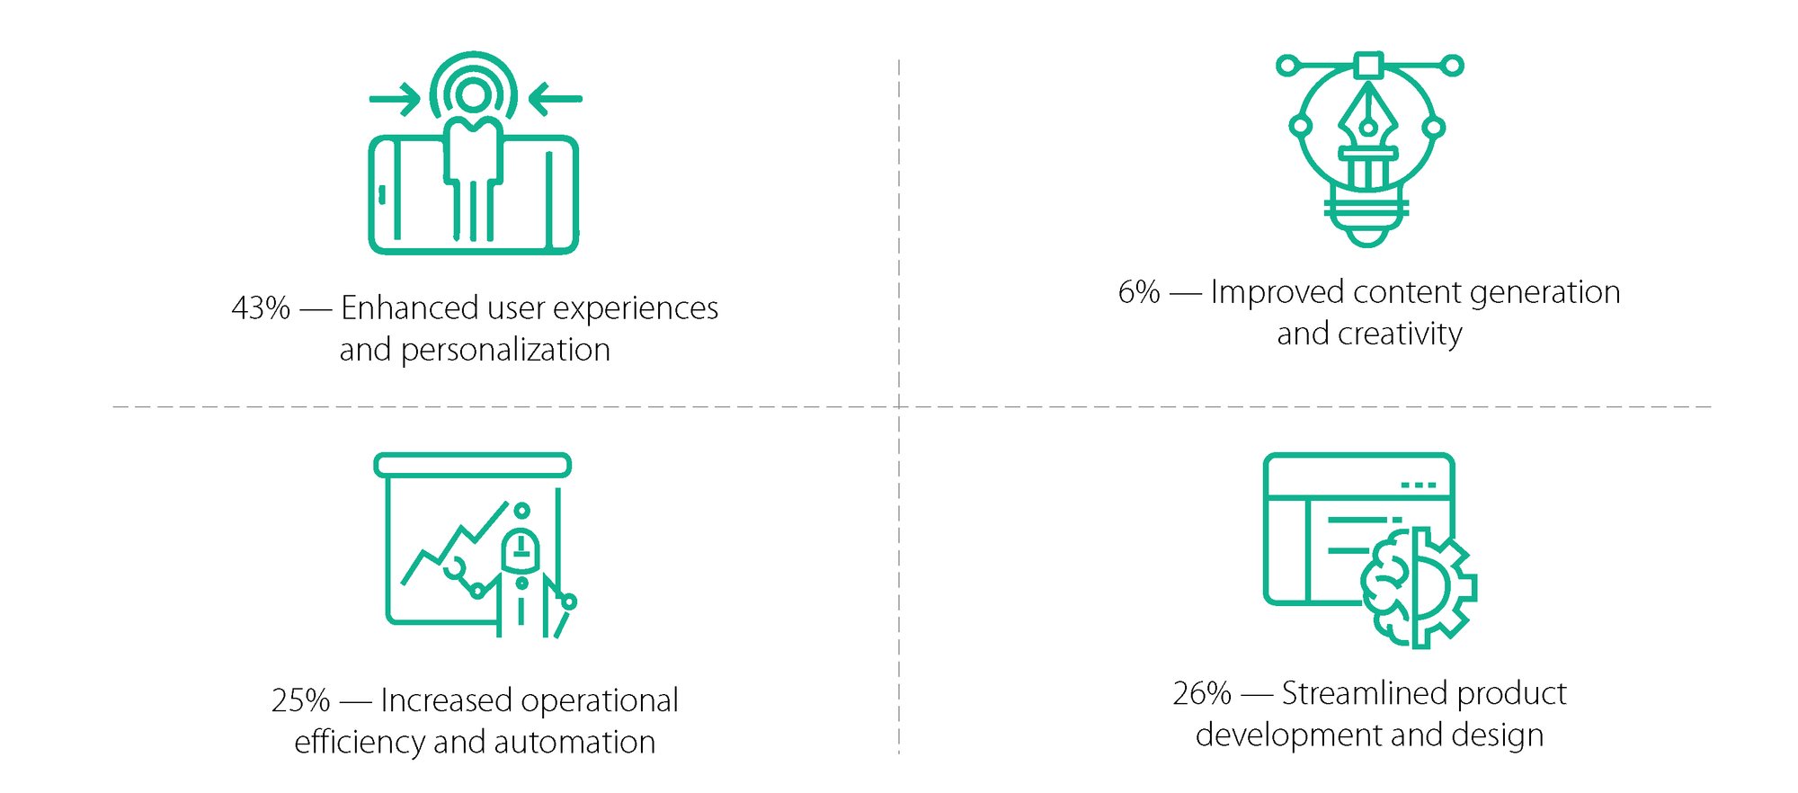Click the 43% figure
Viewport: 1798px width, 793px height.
pyautogui.click(x=261, y=308)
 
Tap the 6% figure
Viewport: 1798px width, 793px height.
pyautogui.click(x=1139, y=292)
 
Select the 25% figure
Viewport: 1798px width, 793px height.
pyautogui.click(x=301, y=700)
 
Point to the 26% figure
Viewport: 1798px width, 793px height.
pyautogui.click(x=1202, y=693)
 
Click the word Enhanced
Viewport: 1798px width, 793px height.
pyautogui.click(x=410, y=308)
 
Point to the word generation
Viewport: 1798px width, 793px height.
pyautogui.click(x=1544, y=293)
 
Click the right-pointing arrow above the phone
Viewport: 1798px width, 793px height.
pyautogui.click(x=395, y=99)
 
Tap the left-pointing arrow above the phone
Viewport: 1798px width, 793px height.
pyautogui.click(x=555, y=99)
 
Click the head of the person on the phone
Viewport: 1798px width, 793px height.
pyautogui.click(x=474, y=95)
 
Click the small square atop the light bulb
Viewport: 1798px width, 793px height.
pyautogui.click(x=1368, y=65)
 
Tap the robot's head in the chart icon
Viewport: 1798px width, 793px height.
pyautogui.click(x=521, y=550)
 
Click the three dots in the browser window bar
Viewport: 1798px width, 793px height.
pyautogui.click(x=1419, y=486)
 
